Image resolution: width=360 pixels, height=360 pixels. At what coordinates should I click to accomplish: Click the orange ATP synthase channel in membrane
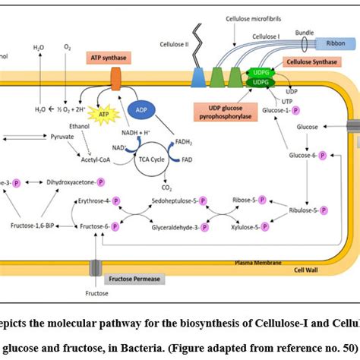117,82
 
